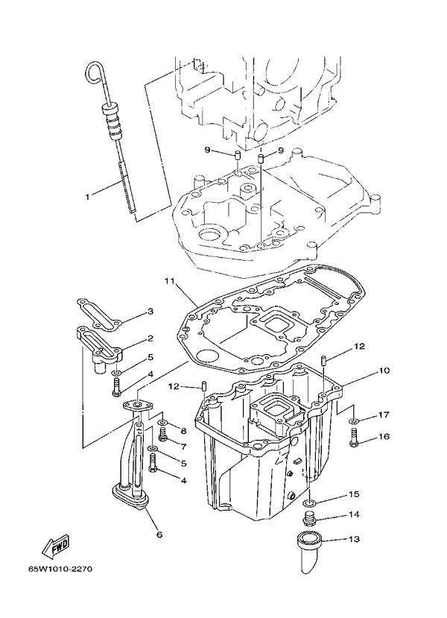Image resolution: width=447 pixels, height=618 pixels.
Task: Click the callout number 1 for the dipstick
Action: [x=87, y=197]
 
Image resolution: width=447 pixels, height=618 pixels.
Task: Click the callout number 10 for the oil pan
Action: [x=384, y=371]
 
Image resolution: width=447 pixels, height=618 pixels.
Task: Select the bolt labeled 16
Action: [x=355, y=439]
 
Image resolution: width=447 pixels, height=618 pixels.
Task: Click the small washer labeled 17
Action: [x=355, y=422]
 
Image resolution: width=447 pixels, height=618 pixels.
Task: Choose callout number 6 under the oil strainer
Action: [x=159, y=534]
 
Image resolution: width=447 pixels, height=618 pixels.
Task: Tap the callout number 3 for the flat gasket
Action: [x=150, y=312]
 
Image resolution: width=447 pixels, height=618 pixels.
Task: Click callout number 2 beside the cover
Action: [x=150, y=338]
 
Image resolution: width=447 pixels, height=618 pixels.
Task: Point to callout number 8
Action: [x=183, y=431]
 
